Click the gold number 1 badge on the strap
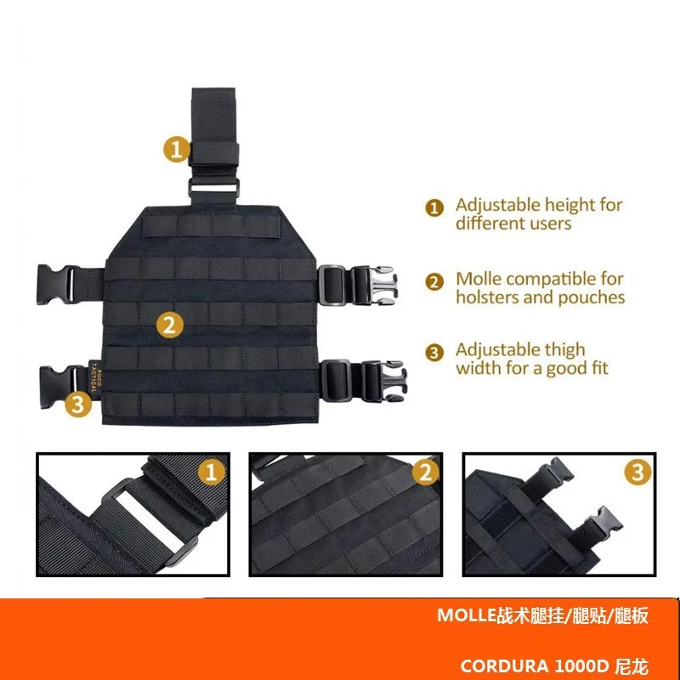[x=176, y=150]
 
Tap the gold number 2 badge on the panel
[x=169, y=325]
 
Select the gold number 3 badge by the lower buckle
[x=78, y=404]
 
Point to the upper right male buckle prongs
[x=381, y=285]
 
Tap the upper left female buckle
[x=55, y=285]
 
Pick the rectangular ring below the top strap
[x=214, y=188]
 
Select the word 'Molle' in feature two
[x=478, y=279]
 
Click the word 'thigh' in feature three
[x=564, y=349]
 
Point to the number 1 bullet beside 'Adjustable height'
[x=434, y=207]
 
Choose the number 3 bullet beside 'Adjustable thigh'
[x=434, y=353]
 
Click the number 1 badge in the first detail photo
[x=211, y=472]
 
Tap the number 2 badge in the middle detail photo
[x=426, y=472]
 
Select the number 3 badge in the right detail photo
[x=638, y=472]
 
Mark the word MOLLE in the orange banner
[x=467, y=615]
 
